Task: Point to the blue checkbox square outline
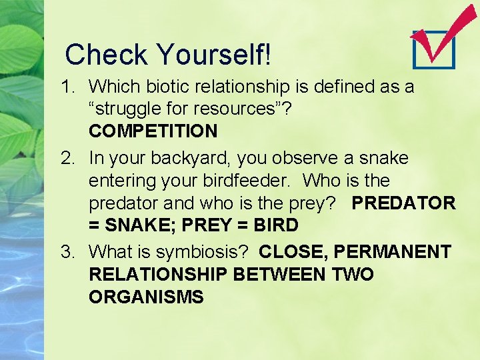coord(433,50)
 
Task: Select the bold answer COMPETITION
coord(153,131)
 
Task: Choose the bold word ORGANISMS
coord(146,297)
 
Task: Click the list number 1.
coord(67,87)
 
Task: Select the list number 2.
coord(67,159)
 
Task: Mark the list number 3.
coord(67,252)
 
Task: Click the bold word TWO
coord(352,275)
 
